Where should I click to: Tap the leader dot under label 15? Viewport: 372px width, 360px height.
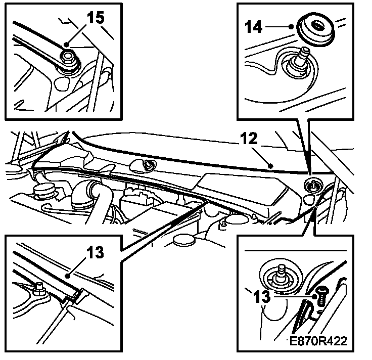click(66, 44)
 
